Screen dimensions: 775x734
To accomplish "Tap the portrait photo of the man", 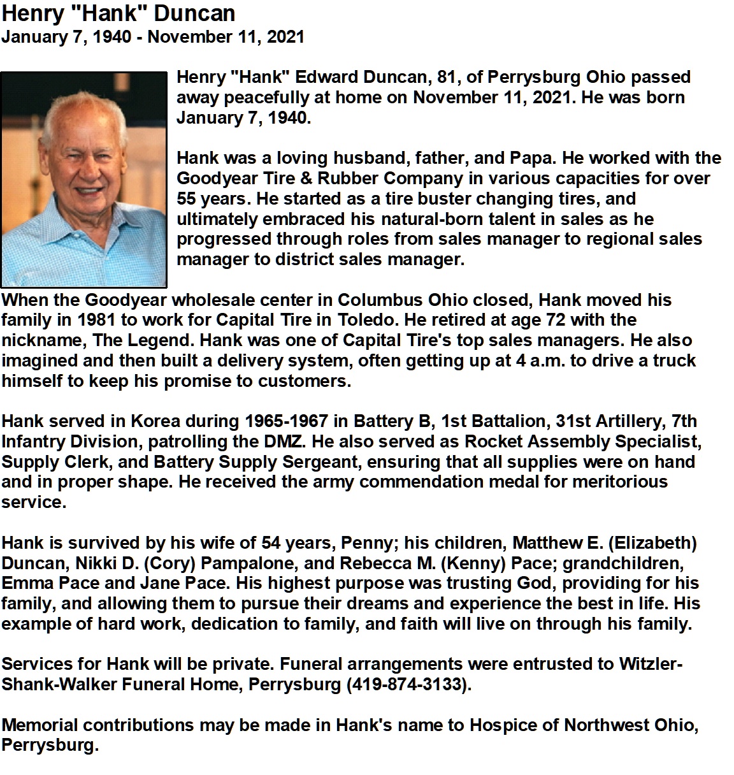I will (83, 179).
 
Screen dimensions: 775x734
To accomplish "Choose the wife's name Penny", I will (370, 543).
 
